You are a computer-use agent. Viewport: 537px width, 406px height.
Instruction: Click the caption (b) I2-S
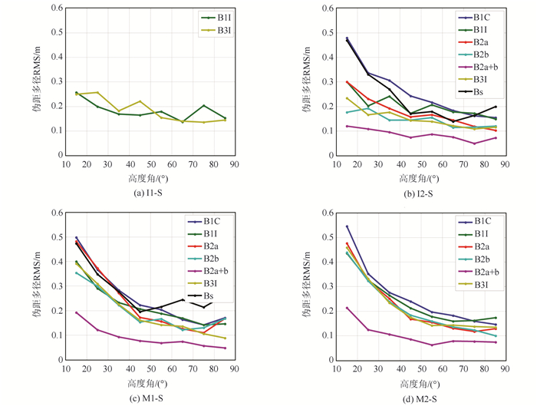[x=417, y=191]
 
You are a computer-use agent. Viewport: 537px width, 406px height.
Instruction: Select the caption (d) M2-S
[x=417, y=396]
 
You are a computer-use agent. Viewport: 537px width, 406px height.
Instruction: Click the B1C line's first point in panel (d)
[x=347, y=226]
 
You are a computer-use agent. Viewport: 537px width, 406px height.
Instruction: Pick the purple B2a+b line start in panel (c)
[x=76, y=312]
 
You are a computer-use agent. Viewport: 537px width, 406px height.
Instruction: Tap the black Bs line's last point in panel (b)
[x=496, y=107]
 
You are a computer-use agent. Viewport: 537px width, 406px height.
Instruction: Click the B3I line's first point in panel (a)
[x=76, y=94]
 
